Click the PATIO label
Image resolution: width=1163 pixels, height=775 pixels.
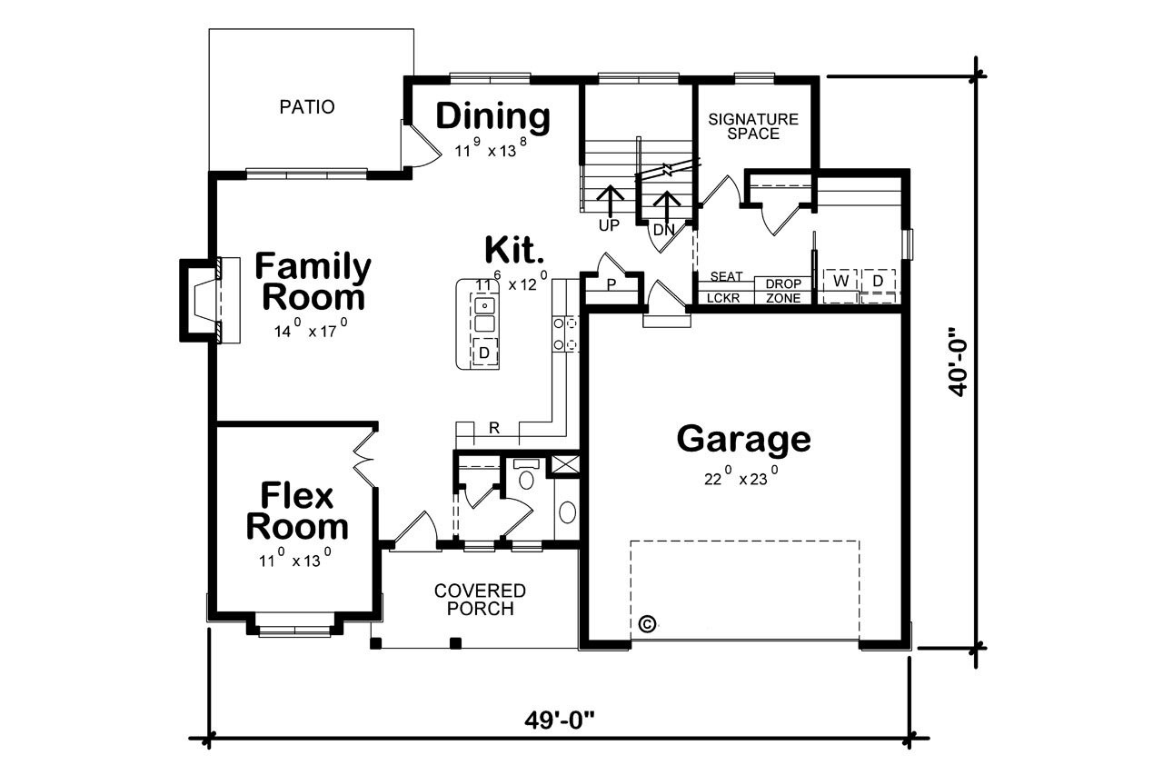tap(306, 107)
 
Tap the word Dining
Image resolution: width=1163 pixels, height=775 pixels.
tap(493, 116)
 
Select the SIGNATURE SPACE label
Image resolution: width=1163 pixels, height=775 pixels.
tap(753, 126)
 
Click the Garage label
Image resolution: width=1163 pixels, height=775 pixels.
tap(743, 439)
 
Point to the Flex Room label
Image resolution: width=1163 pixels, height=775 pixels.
tap(297, 512)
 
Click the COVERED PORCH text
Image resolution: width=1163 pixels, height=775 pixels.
tap(480, 600)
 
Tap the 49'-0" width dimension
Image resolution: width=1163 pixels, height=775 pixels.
tap(559, 720)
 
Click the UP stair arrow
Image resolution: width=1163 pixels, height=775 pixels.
tap(610, 202)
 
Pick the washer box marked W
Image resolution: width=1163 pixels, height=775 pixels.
tap(841, 282)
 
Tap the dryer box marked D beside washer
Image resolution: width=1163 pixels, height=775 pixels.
tap(878, 282)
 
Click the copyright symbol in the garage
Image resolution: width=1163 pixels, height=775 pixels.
tap(648, 624)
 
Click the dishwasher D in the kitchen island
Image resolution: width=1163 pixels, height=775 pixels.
tap(485, 352)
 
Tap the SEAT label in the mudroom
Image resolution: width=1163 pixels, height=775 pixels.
tap(726, 277)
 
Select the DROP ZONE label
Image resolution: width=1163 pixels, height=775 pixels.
tap(782, 291)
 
